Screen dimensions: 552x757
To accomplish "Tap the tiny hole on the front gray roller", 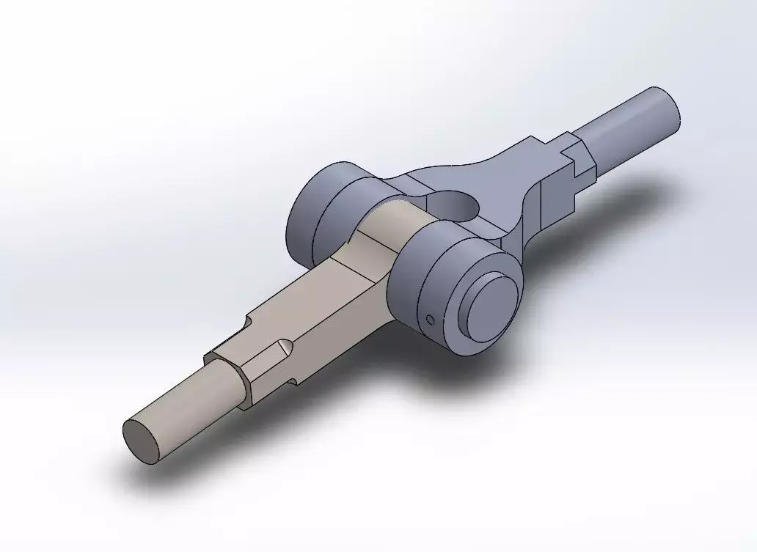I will click(431, 319).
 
